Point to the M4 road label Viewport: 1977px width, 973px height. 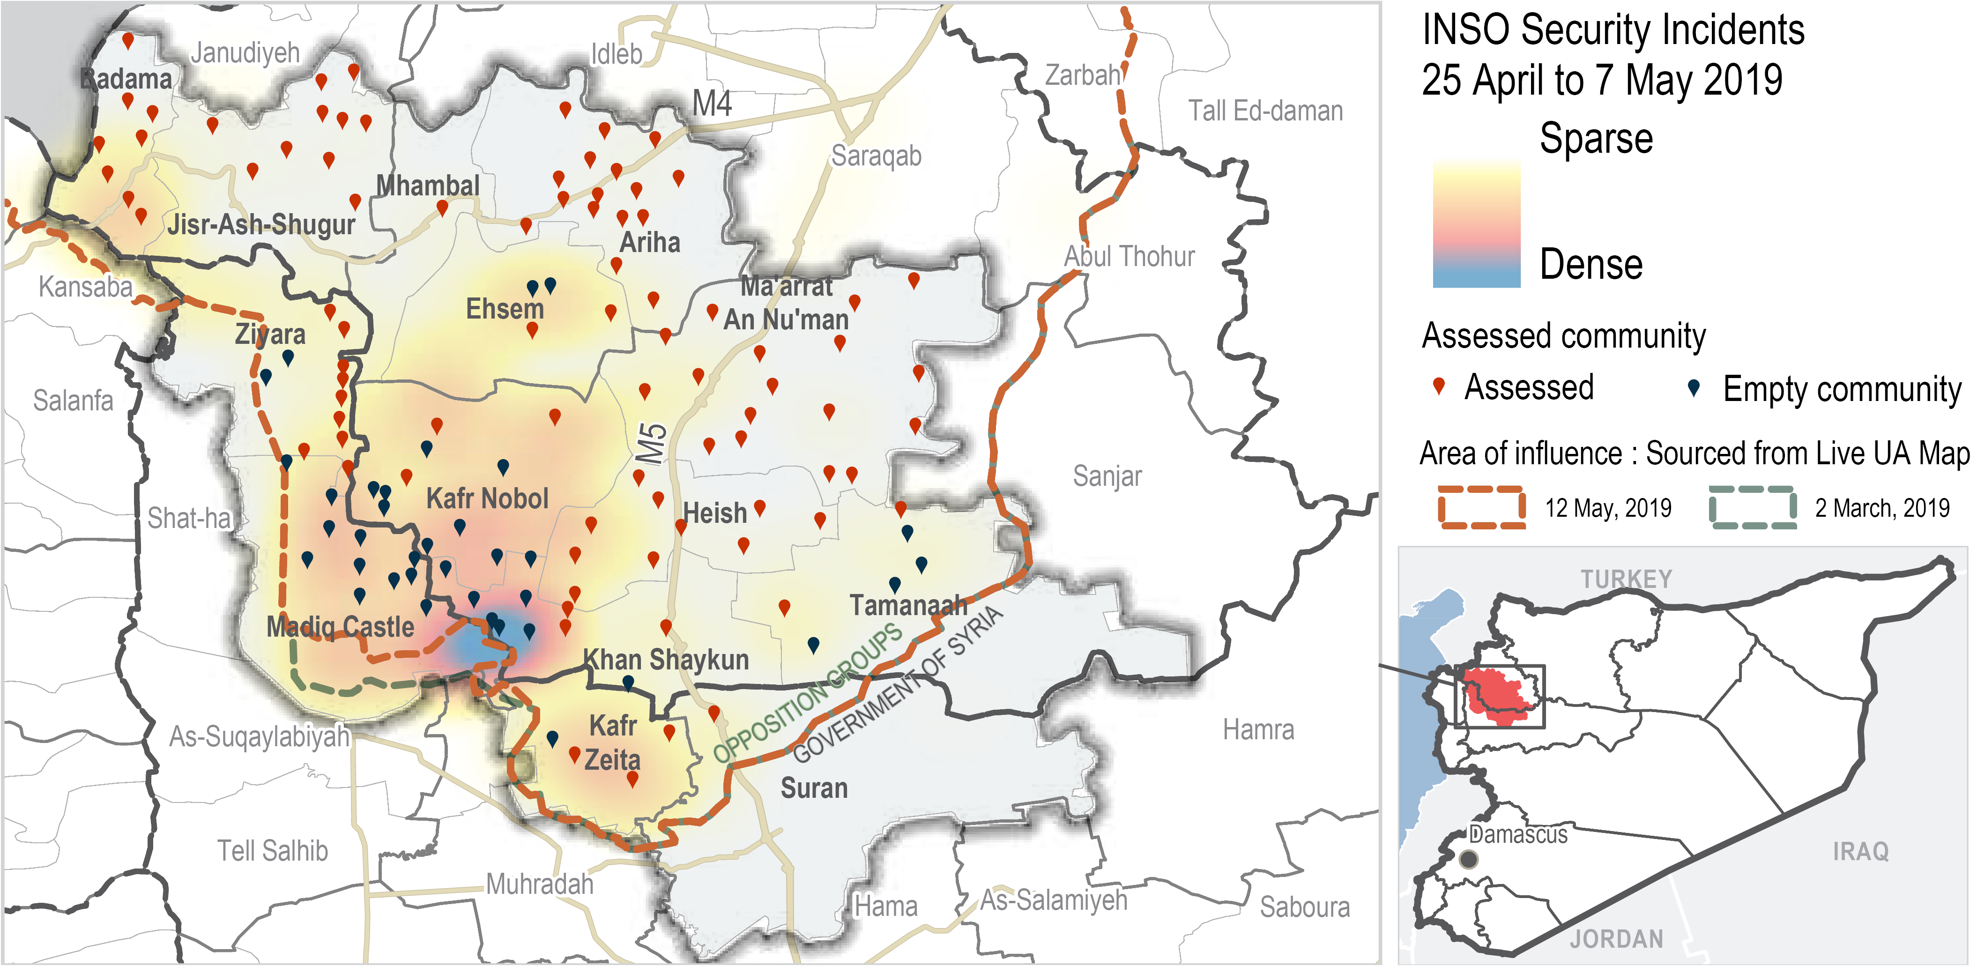tap(712, 104)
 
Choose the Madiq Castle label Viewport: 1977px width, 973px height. tap(340, 626)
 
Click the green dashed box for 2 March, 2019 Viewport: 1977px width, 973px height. tap(1752, 507)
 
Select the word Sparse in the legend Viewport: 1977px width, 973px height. tap(1596, 139)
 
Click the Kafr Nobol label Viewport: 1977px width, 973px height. tap(487, 499)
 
